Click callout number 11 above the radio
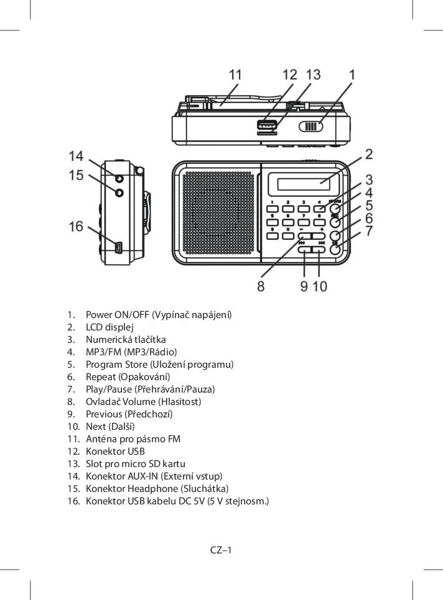click(235, 75)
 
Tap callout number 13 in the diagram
click(314, 75)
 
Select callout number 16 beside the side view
click(76, 227)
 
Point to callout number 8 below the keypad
click(261, 286)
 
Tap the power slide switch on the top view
click(311, 127)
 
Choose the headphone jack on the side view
click(119, 193)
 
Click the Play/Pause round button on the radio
click(335, 250)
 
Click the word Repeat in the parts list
click(100, 377)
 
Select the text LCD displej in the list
click(110, 327)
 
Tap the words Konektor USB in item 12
click(115, 452)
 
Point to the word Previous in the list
click(103, 414)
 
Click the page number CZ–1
click(221, 550)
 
